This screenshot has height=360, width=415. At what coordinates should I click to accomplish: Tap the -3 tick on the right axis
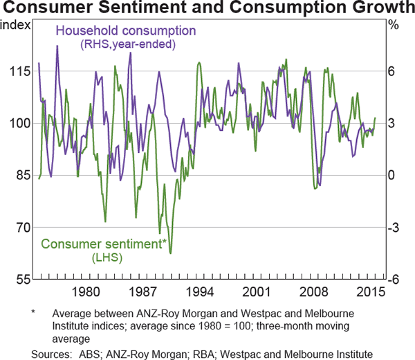[x=393, y=227]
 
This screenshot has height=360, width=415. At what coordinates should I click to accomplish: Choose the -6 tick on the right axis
[x=393, y=279]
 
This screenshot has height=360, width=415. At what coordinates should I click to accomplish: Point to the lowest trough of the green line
[x=170, y=253]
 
